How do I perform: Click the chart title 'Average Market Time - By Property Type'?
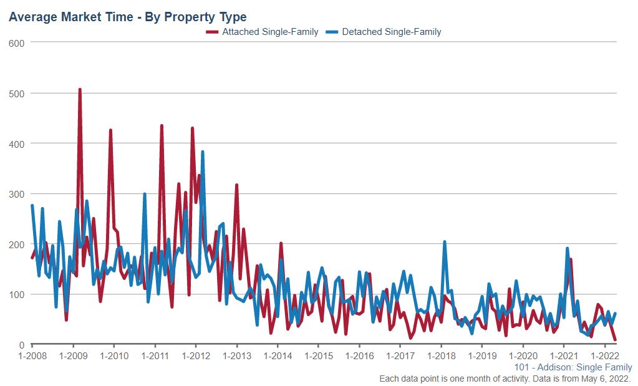tap(127, 17)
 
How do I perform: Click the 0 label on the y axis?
tap(21, 345)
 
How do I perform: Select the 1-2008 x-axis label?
tap(32, 356)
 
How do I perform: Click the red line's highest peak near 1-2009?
tap(80, 90)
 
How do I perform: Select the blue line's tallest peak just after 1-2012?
tap(203, 152)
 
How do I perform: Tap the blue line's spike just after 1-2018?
tap(445, 242)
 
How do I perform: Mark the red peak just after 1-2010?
tap(110, 130)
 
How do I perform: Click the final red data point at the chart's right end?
tap(616, 340)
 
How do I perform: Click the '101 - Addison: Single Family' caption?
tap(574, 368)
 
